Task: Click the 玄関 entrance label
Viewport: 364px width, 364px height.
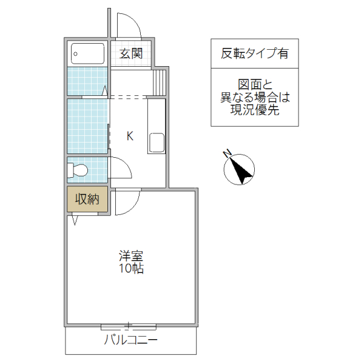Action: click(130, 53)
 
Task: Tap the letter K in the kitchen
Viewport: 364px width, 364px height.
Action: click(129, 136)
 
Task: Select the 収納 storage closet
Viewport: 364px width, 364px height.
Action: click(87, 199)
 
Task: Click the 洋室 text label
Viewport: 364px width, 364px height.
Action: click(130, 255)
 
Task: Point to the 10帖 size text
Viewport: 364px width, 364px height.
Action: click(130, 268)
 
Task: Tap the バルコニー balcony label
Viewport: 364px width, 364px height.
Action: click(131, 340)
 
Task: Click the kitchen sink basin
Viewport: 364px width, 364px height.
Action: click(157, 143)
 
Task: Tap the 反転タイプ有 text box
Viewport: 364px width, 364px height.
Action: click(254, 53)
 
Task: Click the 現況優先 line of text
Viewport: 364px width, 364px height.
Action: click(254, 110)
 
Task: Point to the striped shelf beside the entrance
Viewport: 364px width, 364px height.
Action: click(159, 82)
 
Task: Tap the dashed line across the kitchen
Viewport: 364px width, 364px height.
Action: click(127, 96)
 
